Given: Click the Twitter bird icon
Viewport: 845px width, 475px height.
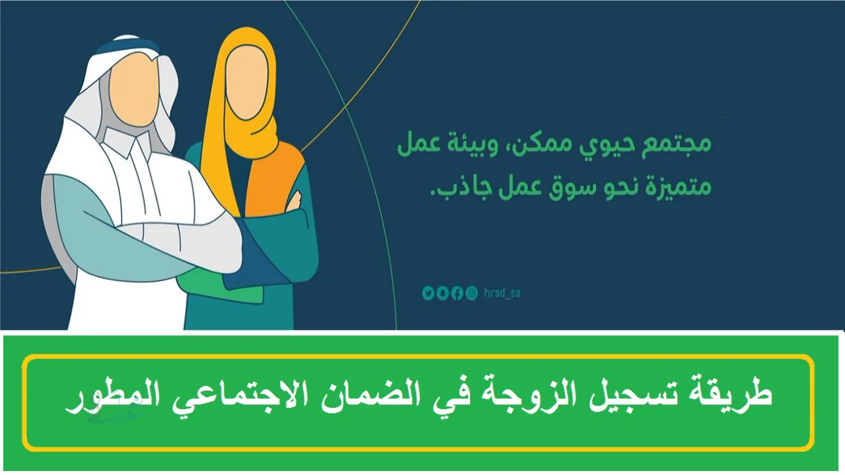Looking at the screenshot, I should pos(428,294).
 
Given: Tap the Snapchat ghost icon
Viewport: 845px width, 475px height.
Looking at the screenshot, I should pos(442,294).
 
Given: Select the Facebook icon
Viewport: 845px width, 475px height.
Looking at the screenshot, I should pos(457,294).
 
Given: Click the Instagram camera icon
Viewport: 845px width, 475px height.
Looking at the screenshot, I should pos(471,294).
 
